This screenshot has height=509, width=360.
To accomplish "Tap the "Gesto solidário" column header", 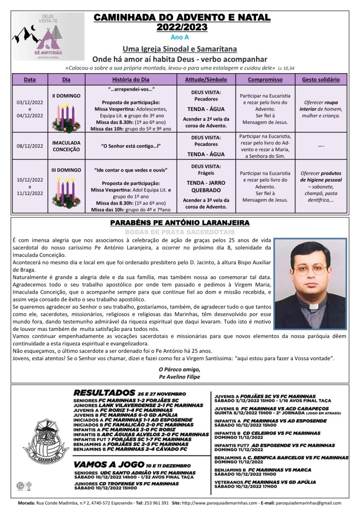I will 321,80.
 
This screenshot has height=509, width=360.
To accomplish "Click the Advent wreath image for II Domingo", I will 67,116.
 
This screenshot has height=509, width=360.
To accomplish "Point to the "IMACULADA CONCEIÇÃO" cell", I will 67,146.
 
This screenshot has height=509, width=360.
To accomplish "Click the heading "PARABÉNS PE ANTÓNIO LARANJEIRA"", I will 180,222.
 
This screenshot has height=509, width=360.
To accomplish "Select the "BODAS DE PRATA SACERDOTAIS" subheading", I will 180,231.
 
